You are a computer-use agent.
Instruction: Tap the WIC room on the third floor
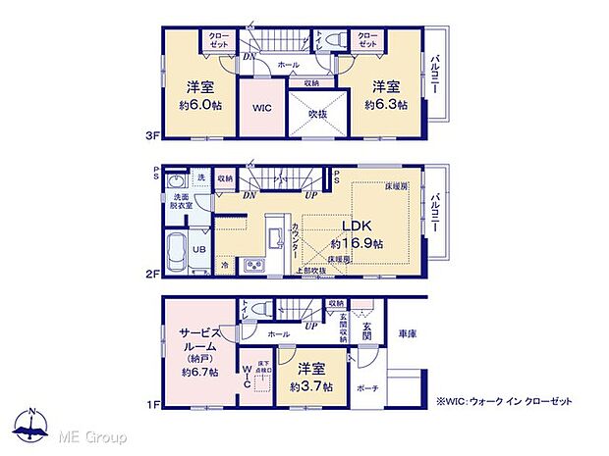[x=260, y=109]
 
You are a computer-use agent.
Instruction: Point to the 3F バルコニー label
[x=432, y=75]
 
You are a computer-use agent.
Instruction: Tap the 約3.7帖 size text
[x=307, y=386]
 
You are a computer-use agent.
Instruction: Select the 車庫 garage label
[x=407, y=334]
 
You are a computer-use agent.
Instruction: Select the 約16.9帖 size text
[x=356, y=242]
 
